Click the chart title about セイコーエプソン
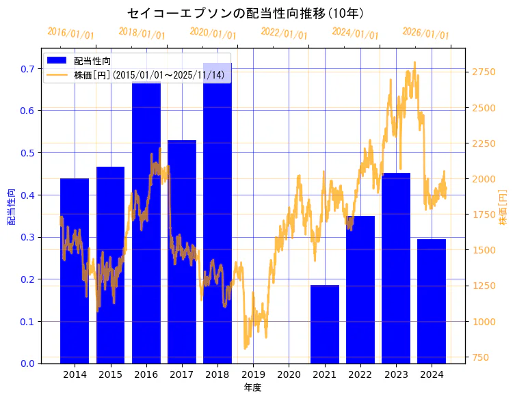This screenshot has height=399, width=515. (246, 13)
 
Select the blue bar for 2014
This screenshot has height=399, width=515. (75, 273)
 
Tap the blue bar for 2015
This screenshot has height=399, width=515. (110, 266)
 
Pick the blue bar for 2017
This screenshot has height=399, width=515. (182, 253)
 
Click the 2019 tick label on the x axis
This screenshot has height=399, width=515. (253, 374)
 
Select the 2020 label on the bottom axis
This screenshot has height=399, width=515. (289, 374)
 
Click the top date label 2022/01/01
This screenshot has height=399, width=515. (284, 33)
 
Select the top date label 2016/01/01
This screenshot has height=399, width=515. (70, 33)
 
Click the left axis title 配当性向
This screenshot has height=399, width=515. (11, 206)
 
